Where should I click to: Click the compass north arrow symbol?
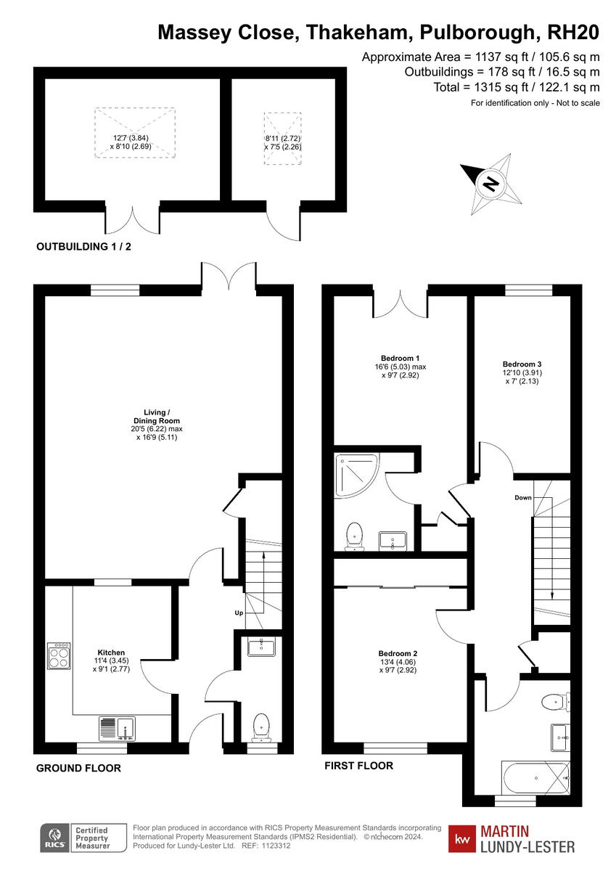490,184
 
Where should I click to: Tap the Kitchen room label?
112,653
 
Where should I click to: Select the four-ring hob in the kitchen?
59,656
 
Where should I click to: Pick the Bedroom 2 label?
398,653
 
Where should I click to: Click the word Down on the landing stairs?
523,497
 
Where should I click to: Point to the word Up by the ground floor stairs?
239,613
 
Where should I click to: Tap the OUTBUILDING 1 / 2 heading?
83,247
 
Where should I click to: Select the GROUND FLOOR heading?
78,768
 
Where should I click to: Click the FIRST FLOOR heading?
358,765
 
